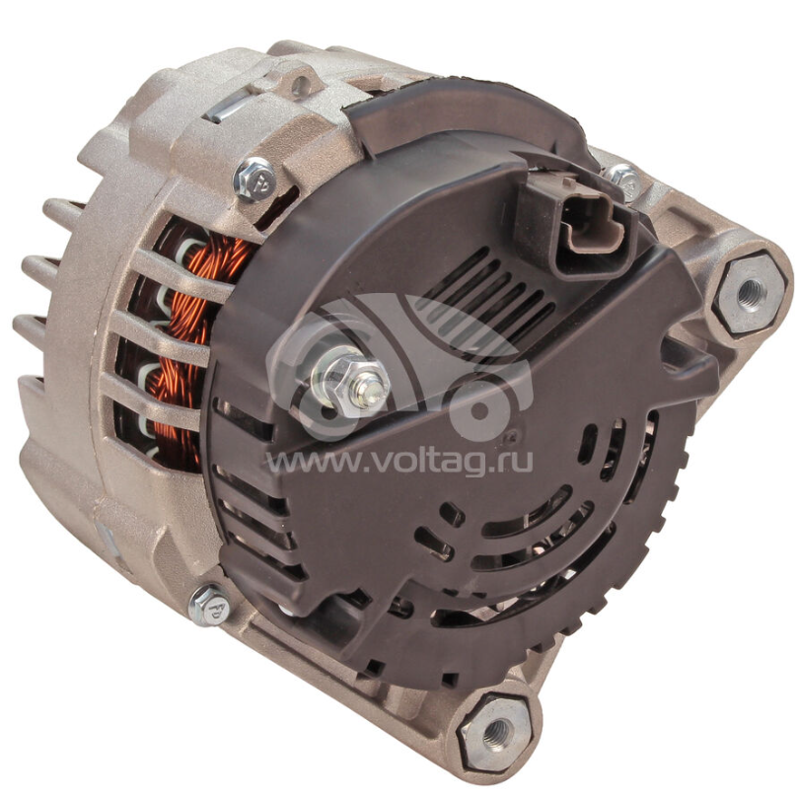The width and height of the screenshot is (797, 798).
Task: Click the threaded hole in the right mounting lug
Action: click(x=751, y=292)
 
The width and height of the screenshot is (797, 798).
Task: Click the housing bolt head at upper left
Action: click(x=254, y=180)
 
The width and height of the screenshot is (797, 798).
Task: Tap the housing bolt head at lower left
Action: click(x=210, y=606)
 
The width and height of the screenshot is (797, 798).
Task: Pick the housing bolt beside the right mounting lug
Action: click(x=624, y=179)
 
